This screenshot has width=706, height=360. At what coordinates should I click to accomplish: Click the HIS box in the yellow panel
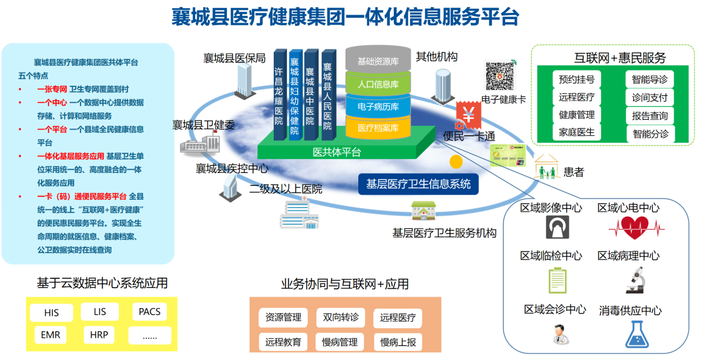(x=51, y=313)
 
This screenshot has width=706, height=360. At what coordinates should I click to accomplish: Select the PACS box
(x=149, y=312)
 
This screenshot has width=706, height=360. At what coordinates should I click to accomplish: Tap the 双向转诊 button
(x=340, y=318)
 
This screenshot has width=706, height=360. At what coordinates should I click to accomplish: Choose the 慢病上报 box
(x=398, y=342)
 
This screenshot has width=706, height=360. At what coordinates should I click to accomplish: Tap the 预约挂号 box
(x=576, y=80)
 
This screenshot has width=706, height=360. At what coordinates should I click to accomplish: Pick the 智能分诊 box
(x=649, y=134)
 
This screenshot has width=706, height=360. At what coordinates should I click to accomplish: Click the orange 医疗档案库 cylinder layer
(x=378, y=128)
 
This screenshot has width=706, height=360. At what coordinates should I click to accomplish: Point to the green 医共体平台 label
(x=337, y=152)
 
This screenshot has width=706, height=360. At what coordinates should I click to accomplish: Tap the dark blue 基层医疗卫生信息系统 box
(x=418, y=184)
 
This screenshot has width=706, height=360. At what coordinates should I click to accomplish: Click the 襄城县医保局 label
(x=234, y=58)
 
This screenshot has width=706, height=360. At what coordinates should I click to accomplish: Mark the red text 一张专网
(x=52, y=89)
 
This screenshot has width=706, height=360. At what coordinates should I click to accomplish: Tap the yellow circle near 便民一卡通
(x=456, y=162)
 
